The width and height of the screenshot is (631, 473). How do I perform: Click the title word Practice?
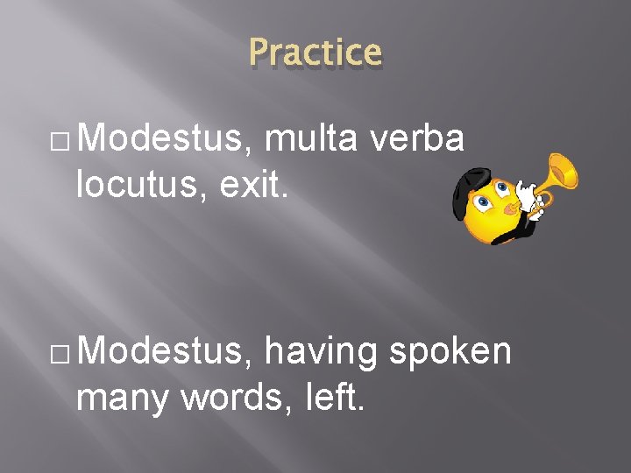coord(315,53)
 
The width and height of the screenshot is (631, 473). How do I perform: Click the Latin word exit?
coord(231,183)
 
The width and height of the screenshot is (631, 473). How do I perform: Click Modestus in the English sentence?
coord(169,351)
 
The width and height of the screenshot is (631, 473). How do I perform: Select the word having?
coord(320,353)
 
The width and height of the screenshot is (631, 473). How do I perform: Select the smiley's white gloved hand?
coord(528,195)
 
